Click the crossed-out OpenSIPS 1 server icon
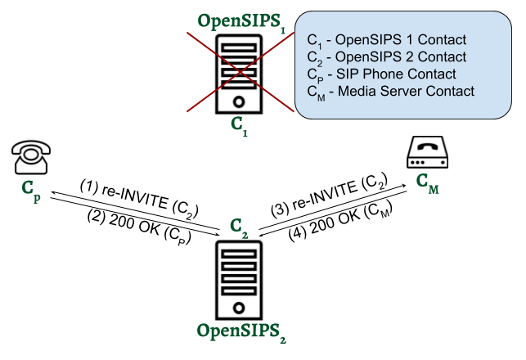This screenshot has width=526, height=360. point(239,74)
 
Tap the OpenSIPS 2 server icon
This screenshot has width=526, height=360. point(239,278)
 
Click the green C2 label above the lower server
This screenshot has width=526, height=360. point(239,226)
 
